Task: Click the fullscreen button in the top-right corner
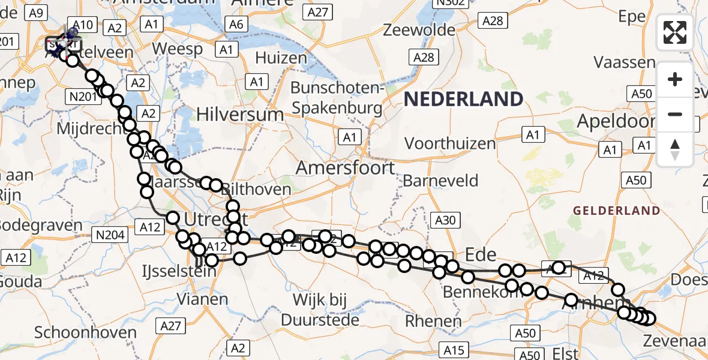675,32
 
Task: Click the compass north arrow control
675,149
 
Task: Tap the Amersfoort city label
346,167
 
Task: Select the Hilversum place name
240,114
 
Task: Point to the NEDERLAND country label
463,99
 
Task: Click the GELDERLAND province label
616,211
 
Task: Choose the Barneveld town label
441,180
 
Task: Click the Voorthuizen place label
450,143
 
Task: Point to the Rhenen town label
433,320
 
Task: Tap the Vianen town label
202,299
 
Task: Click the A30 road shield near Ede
445,220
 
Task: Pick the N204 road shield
110,235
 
